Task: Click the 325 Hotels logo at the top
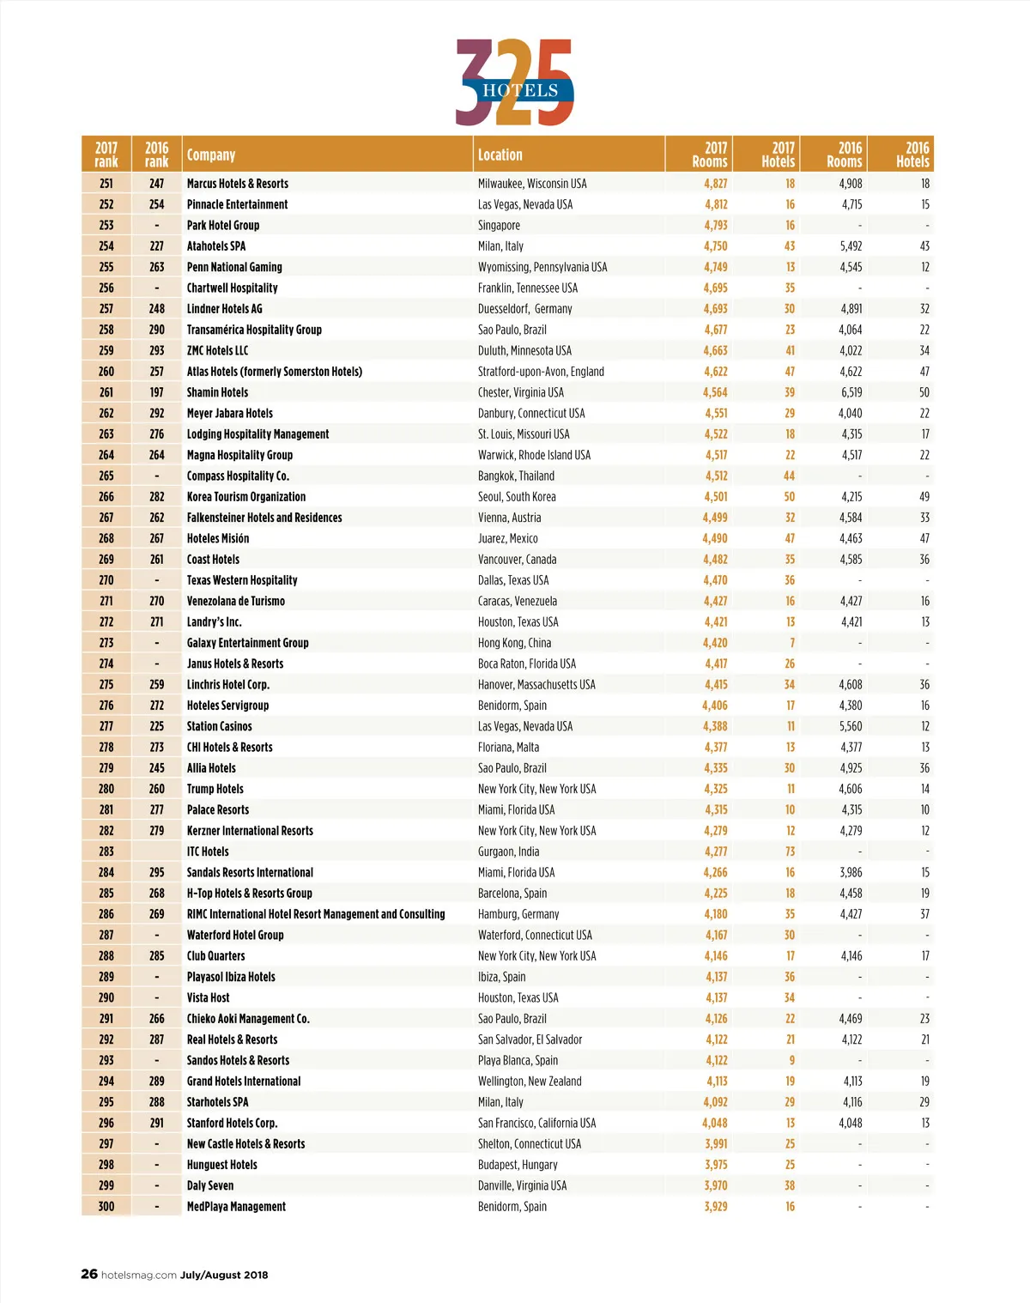(514, 83)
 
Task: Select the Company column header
(211, 155)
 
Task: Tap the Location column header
(500, 155)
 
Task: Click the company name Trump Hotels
(215, 789)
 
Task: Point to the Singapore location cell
(499, 226)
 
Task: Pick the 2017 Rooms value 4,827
(715, 184)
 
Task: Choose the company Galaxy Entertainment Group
(247, 643)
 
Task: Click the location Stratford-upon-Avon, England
(541, 372)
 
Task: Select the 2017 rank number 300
(106, 1207)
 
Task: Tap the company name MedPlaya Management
(236, 1207)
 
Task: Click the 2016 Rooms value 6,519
(851, 392)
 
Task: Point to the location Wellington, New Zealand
(530, 1082)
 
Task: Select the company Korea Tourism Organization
(246, 497)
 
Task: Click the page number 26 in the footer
(89, 1274)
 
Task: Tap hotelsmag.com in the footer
(139, 1275)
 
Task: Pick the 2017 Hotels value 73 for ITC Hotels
(790, 851)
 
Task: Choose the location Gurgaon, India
(508, 851)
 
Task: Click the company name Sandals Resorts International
(250, 873)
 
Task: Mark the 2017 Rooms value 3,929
(715, 1207)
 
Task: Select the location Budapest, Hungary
(518, 1165)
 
